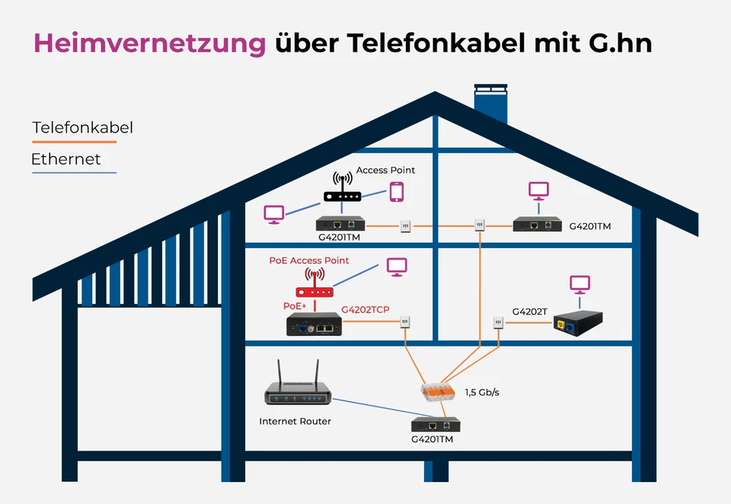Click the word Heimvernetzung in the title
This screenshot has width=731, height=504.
149,43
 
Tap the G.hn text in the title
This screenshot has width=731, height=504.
621,43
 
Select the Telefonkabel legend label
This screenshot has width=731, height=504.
82,128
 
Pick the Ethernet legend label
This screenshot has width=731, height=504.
65,160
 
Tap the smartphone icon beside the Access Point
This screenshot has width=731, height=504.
396,191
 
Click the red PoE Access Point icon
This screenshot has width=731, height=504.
314,285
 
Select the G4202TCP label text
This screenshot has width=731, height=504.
366,311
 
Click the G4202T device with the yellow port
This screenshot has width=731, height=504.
577,324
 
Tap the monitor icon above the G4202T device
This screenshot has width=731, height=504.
580,285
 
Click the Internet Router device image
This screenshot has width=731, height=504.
298,390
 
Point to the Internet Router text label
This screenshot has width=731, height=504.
295,421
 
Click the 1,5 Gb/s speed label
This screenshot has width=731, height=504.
487,393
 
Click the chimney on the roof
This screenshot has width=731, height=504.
490,105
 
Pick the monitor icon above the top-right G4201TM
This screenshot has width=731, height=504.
539,190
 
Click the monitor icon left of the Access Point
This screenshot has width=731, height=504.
273,213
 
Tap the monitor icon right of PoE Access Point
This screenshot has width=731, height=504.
397,266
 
